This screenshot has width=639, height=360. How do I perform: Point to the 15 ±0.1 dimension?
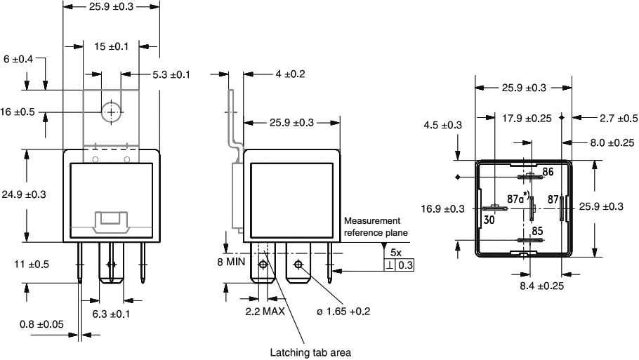(111, 46)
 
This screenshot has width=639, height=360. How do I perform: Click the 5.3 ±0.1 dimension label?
(172, 74)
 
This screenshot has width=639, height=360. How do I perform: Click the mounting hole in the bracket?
(110, 112)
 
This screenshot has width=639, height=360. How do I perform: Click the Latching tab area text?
(310, 352)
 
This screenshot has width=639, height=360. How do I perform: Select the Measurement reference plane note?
(371, 227)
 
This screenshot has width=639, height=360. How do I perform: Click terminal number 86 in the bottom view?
(548, 171)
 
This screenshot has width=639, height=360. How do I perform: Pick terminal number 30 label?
(489, 219)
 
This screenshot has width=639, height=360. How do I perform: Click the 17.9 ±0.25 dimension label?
(527, 118)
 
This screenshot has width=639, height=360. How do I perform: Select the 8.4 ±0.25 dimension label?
(542, 286)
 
